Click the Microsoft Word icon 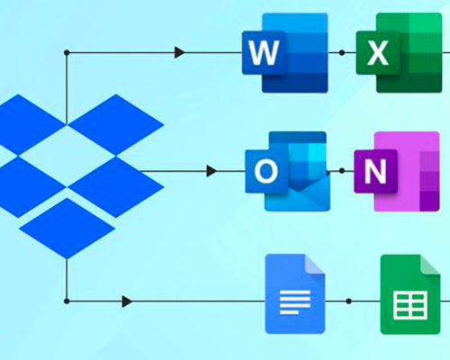pyautogui.click(x=285, y=53)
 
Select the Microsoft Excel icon pyautogui.click(x=399, y=53)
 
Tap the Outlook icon pyautogui.click(x=288, y=171)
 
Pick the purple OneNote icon pyautogui.click(x=397, y=171)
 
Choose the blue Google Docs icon pyautogui.click(x=295, y=294)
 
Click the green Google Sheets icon pyautogui.click(x=410, y=294)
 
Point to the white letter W pyautogui.click(x=264, y=53)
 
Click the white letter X pyautogui.click(x=378, y=53)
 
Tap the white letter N pyautogui.click(x=375, y=171)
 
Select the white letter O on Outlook pyautogui.click(x=265, y=171)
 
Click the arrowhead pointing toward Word pyautogui.click(x=180, y=52)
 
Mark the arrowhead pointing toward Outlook pyautogui.click(x=211, y=171)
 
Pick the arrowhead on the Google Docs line pyautogui.click(x=128, y=301)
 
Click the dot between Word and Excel pyautogui.click(x=342, y=53)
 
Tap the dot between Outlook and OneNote pyautogui.click(x=342, y=171)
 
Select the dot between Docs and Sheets pyautogui.click(x=348, y=301)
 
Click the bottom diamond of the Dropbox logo pyautogui.click(x=67, y=229)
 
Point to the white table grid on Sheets pyautogui.click(x=410, y=305)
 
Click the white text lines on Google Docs pyautogui.click(x=295, y=302)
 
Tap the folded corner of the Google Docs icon pyautogui.click(x=315, y=265)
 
